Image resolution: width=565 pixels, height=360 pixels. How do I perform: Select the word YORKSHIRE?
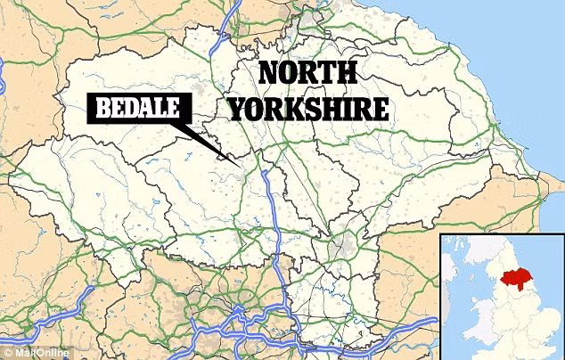308,109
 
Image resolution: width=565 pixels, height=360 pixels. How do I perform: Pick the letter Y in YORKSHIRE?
238,109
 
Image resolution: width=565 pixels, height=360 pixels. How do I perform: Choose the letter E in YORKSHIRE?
381,109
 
